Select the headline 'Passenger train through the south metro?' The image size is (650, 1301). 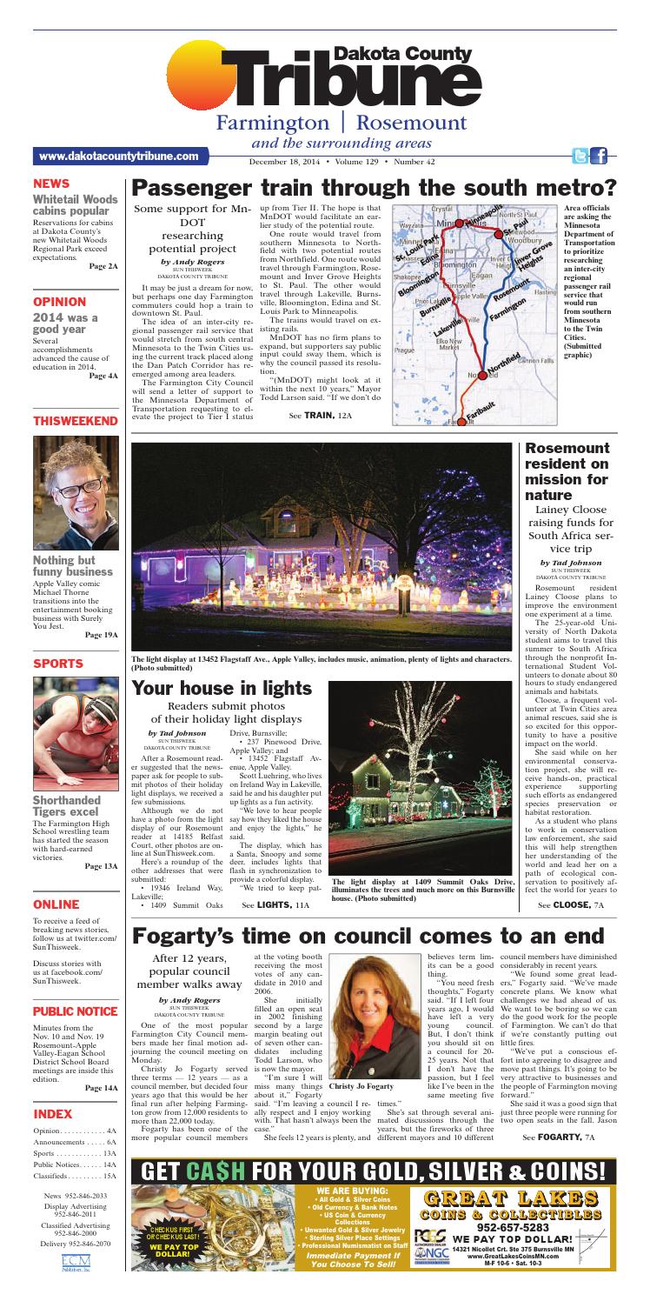coord(374,188)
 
